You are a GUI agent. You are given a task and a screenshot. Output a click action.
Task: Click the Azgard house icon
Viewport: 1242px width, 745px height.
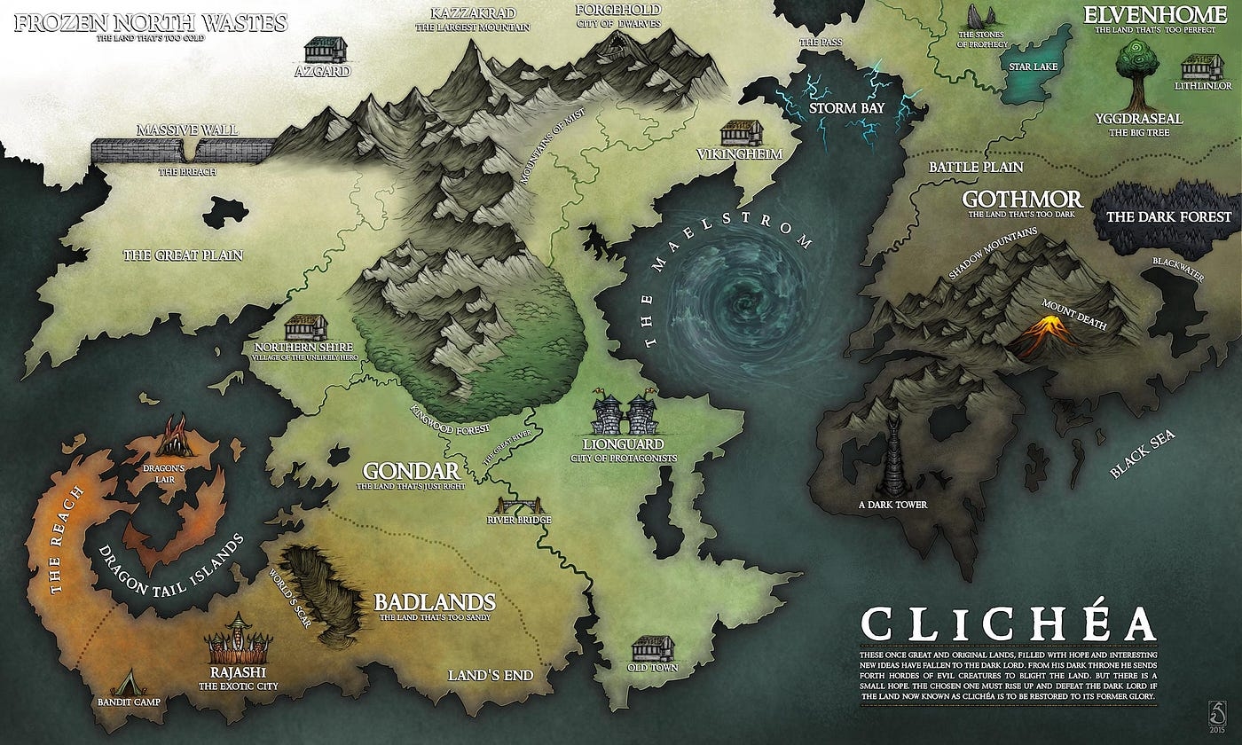click(x=326, y=50)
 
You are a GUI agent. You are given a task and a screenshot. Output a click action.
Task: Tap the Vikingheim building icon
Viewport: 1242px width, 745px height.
click(x=742, y=133)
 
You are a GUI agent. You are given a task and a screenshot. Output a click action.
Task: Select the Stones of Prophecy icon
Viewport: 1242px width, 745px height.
click(x=979, y=19)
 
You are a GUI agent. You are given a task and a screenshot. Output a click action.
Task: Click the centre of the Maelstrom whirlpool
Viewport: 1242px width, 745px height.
click(x=736, y=307)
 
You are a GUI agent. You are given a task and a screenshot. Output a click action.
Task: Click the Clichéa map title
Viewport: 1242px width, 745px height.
click(x=1008, y=624)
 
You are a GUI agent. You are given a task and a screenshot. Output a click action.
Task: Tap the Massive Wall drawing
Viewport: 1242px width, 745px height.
click(x=182, y=150)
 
